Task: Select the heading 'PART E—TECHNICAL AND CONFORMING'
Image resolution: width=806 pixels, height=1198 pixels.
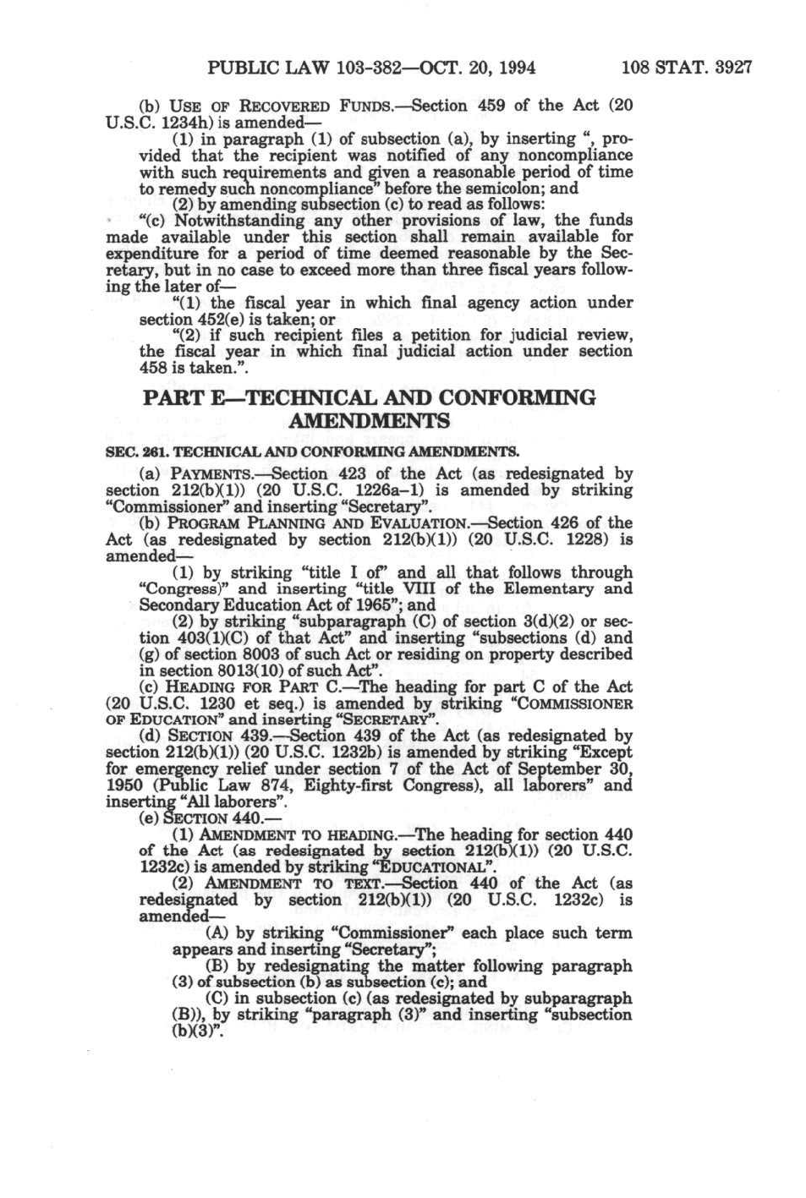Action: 370,397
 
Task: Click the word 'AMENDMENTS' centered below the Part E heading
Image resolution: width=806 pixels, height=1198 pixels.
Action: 370,421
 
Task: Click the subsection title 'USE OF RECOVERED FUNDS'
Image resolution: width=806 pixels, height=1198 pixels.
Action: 281,107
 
